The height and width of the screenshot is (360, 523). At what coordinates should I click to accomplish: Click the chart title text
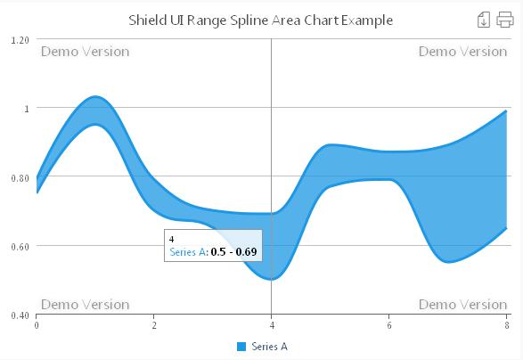point(260,20)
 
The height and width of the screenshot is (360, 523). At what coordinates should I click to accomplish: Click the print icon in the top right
point(505,20)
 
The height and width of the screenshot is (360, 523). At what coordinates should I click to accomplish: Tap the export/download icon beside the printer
point(485,20)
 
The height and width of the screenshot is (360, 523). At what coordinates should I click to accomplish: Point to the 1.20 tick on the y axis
point(19,40)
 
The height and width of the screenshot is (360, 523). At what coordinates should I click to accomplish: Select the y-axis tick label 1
point(26,109)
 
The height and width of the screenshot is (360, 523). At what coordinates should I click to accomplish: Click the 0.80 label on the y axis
point(19,177)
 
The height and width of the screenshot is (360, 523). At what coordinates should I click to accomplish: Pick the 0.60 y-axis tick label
point(19,246)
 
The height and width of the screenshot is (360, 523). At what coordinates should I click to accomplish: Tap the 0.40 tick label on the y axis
point(19,315)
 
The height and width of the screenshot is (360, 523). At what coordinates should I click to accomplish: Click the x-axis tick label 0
point(37,324)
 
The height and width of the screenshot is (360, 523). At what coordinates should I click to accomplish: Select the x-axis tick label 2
point(154,324)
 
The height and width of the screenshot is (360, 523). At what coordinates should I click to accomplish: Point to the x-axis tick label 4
point(271,324)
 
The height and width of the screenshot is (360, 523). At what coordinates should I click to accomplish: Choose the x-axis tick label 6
point(388,324)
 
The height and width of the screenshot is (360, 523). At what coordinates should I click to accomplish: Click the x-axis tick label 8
point(506,324)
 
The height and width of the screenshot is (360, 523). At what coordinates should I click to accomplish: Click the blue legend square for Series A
point(241,346)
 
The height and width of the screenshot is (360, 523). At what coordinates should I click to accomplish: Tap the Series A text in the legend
point(269,346)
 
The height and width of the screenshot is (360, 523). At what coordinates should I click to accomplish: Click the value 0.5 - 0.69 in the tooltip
point(233,253)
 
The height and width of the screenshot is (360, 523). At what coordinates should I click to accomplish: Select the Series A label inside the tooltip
point(187,253)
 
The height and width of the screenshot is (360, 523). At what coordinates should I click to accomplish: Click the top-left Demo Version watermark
point(86,52)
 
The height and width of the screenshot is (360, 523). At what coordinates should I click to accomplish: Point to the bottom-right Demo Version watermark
point(462,304)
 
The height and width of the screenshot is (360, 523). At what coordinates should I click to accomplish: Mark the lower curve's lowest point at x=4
point(271,279)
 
